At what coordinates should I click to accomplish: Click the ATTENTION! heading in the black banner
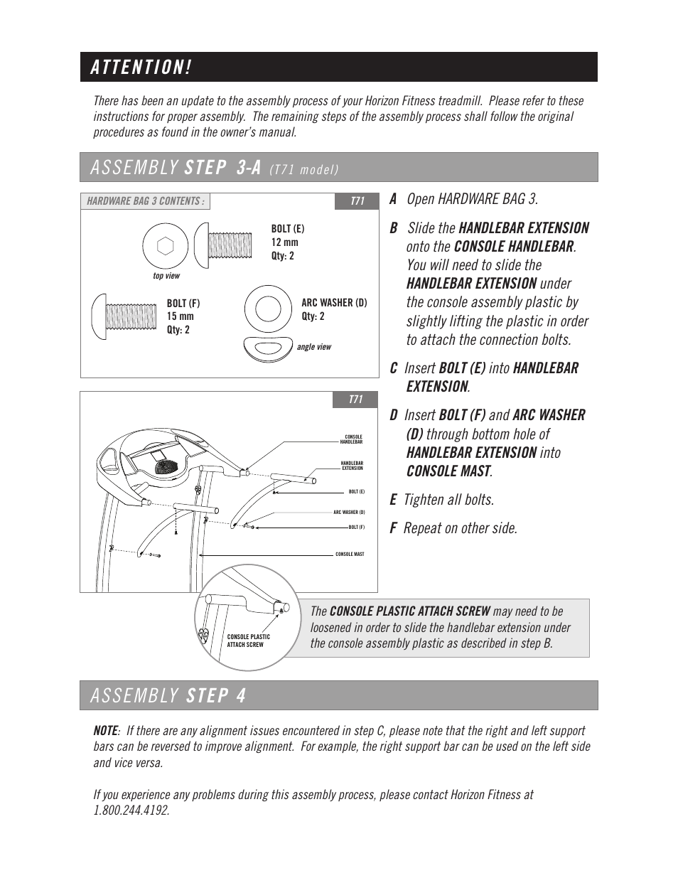(x=141, y=68)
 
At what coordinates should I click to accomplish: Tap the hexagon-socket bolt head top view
(x=165, y=246)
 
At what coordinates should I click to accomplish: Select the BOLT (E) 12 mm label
(x=287, y=242)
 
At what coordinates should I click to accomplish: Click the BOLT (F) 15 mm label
(x=183, y=316)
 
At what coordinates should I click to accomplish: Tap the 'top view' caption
(x=166, y=276)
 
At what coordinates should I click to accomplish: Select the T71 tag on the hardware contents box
(x=357, y=201)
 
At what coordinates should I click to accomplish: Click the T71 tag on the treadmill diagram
(x=355, y=400)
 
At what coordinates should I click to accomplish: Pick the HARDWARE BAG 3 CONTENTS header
(x=145, y=201)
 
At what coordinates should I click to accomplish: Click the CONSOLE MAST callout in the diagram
(x=350, y=554)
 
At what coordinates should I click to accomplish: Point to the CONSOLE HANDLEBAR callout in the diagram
(x=352, y=439)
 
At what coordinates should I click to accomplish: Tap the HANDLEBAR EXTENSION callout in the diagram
(x=352, y=466)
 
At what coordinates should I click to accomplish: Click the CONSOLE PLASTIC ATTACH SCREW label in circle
(x=248, y=641)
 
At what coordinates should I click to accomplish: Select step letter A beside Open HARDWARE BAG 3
(x=393, y=199)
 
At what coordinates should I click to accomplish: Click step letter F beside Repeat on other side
(x=393, y=528)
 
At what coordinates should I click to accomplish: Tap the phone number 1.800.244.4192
(x=131, y=810)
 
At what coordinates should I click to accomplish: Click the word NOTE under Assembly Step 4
(x=105, y=731)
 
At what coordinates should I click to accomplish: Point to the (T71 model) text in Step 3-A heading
(x=303, y=169)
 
